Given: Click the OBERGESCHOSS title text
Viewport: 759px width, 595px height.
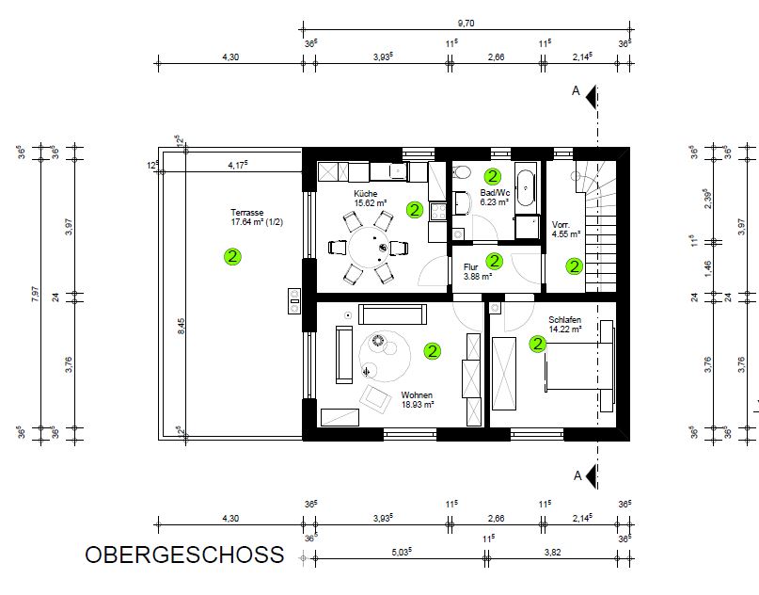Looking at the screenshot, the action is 184,555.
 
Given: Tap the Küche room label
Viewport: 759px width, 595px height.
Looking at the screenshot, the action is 366,193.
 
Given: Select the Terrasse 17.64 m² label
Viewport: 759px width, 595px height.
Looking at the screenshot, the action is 257,217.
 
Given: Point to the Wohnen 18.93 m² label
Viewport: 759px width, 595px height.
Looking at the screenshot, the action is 418,400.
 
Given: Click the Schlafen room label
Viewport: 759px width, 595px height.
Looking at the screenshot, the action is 564,320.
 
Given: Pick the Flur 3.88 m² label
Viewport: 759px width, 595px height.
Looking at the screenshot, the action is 477,272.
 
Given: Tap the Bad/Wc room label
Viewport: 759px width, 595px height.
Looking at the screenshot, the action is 495,193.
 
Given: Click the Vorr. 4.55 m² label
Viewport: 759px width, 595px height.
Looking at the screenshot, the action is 566,229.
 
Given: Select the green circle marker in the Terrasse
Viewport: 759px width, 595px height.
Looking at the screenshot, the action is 232,256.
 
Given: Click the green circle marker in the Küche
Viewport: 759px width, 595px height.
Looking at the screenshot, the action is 415,210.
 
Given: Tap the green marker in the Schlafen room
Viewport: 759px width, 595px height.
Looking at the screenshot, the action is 537,344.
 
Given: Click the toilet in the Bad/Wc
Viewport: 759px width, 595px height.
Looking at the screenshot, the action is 463,171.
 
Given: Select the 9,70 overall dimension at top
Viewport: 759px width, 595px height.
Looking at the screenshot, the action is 466,23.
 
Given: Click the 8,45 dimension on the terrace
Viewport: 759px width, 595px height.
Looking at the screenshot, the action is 181,326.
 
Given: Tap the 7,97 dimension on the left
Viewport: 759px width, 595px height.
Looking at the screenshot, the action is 35,294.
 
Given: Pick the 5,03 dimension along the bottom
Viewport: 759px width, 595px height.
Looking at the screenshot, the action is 402,552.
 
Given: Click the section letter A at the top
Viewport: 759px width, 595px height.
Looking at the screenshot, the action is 576,90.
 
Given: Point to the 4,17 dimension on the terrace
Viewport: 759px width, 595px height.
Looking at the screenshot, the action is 238,165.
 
